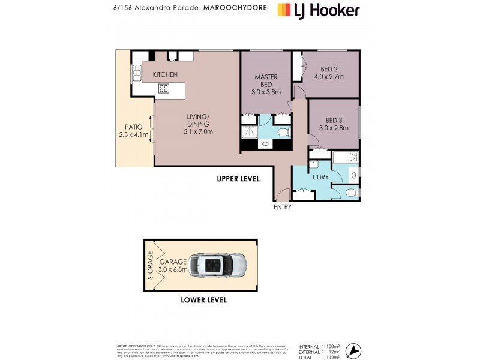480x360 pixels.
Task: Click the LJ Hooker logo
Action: [x=318, y=10]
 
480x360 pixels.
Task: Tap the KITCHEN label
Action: [x=165, y=74]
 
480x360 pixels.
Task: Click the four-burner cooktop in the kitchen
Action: [x=164, y=89]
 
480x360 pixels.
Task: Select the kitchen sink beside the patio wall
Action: [x=137, y=74]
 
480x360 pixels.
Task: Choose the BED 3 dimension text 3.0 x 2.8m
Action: [x=333, y=128]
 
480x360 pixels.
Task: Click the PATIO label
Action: [x=133, y=127]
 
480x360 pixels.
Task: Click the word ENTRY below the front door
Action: [x=282, y=207]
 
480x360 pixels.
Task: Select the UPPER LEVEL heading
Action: [x=238, y=179]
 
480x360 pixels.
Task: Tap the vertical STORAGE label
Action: [x=151, y=265]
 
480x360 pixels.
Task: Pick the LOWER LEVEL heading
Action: [x=204, y=300]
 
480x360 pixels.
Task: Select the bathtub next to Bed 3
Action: [x=345, y=158]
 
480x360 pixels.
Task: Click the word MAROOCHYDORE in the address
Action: [x=234, y=9]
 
